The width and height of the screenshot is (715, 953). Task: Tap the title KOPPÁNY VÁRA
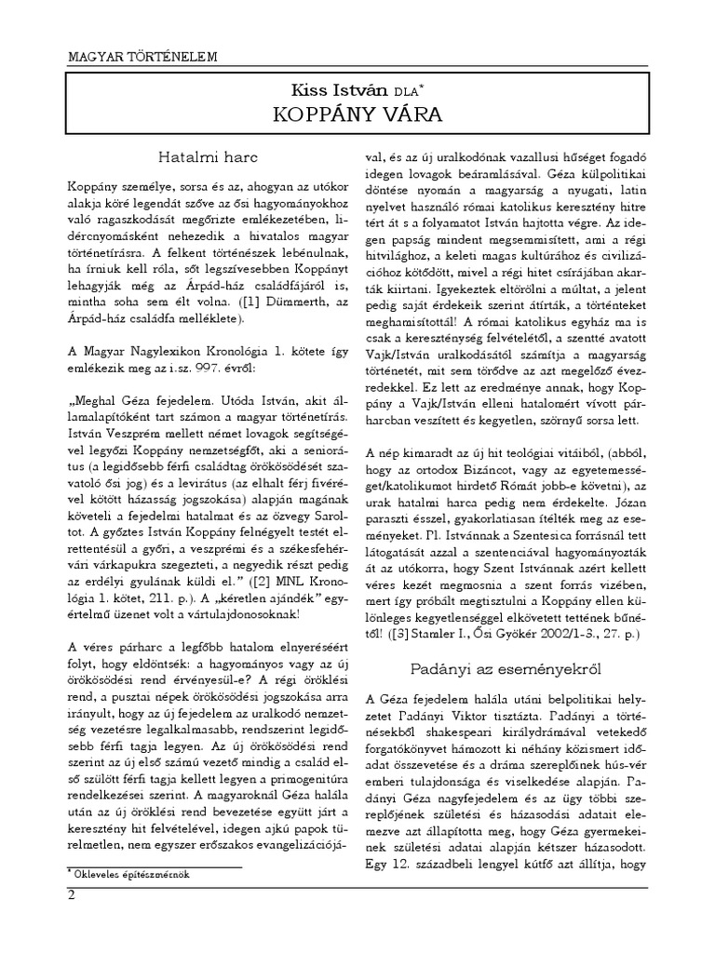point(357,115)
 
